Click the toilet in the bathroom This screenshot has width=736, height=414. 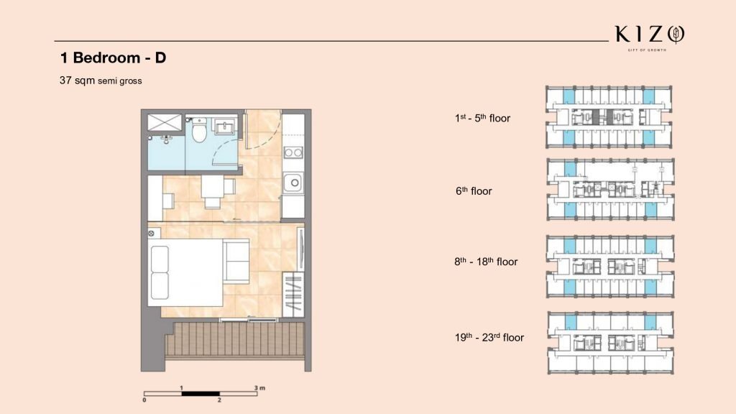tap(200, 129)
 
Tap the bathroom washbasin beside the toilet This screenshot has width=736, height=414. tap(225, 126)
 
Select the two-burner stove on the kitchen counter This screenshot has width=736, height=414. tap(293, 152)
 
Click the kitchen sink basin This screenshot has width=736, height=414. tap(293, 183)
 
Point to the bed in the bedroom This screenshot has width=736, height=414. tap(185, 272)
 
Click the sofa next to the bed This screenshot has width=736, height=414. tap(236, 260)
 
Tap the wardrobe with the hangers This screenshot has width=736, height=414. tap(293, 294)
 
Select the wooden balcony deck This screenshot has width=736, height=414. tap(235, 339)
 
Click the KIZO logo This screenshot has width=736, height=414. tap(650, 37)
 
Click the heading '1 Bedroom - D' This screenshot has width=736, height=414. tap(113, 57)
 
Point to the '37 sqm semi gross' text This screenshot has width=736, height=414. tap(101, 80)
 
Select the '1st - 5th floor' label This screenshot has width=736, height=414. tap(482, 119)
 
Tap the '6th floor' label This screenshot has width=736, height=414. tap(474, 191)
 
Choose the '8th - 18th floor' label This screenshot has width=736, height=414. tap(486, 262)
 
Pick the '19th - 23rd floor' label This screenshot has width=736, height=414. tap(489, 338)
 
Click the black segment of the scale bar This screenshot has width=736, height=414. tap(201, 393)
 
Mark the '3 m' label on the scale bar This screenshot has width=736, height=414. tap(259, 387)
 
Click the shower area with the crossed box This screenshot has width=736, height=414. tap(165, 122)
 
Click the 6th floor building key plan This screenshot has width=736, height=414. tap(611, 190)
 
